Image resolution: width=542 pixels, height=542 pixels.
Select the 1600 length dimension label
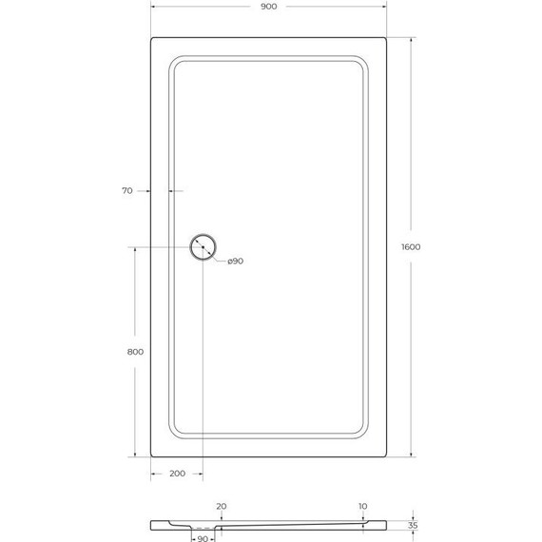click(411, 247)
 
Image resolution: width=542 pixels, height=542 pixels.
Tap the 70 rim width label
click(127, 191)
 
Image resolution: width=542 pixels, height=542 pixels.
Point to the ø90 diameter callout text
click(235, 261)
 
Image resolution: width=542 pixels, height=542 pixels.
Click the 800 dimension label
click(134, 353)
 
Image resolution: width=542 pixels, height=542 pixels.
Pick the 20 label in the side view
click(221, 506)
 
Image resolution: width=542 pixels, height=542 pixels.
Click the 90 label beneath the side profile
click(203, 538)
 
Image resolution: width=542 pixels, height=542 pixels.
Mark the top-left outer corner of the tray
click(151, 39)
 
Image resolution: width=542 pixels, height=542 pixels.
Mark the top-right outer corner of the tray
click(385, 39)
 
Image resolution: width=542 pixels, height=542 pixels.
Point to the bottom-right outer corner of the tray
click(385, 455)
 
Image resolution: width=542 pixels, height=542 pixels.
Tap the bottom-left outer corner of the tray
click(151, 455)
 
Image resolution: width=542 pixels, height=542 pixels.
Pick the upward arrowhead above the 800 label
click(134, 250)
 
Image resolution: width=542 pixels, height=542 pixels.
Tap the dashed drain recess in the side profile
click(203, 528)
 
